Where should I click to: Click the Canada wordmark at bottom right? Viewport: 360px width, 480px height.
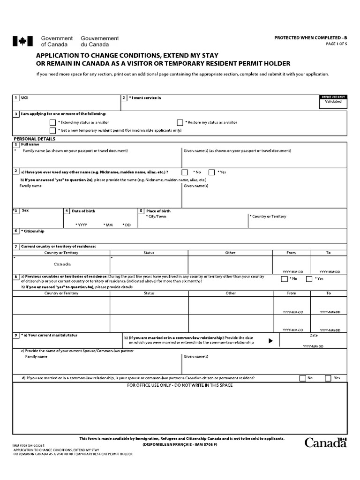point(326,442)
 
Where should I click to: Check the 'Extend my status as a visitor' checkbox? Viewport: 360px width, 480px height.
point(52,122)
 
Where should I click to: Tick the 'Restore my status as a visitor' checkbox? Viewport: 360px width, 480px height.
point(180,122)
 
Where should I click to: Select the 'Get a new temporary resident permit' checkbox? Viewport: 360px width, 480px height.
point(52,130)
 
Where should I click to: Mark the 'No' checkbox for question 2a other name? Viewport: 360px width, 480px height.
point(185,172)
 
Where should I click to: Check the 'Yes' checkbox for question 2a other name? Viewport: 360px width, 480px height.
point(211,172)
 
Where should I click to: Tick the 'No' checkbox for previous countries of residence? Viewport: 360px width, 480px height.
point(284,279)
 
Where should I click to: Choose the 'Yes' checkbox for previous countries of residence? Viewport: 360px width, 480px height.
point(309,279)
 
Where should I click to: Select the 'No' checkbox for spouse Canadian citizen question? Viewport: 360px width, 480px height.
point(303,378)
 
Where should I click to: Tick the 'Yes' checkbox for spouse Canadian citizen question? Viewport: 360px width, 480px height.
point(328,378)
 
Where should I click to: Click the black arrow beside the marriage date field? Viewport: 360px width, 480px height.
point(270,341)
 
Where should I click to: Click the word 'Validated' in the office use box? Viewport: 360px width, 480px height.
point(333,101)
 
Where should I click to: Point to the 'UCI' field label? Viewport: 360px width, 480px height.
point(24,97)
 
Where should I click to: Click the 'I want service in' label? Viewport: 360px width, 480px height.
point(146,97)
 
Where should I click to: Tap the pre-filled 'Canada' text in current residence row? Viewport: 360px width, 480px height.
point(62,264)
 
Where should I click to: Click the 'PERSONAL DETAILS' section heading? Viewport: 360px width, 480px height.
point(34,139)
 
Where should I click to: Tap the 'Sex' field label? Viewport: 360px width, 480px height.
point(25,210)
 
